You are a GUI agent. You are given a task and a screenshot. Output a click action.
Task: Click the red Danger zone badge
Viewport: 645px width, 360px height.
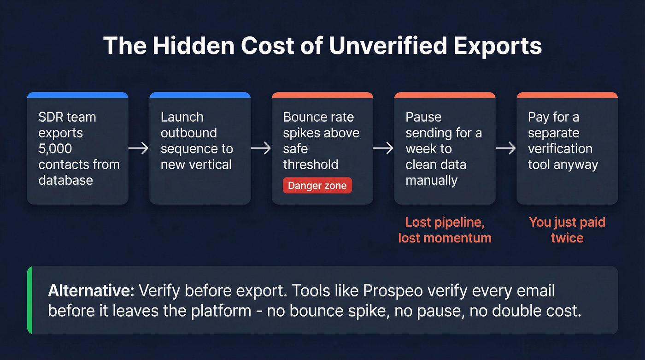point(317,186)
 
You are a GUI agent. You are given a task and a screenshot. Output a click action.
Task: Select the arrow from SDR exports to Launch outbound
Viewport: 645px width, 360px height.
point(139,148)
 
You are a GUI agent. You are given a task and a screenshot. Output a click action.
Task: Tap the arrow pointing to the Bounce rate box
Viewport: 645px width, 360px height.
point(261,148)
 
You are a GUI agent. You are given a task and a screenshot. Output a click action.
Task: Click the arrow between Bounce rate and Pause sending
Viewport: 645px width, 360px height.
point(383,148)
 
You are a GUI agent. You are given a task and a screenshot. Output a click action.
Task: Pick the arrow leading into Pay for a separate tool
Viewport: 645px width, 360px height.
point(506,148)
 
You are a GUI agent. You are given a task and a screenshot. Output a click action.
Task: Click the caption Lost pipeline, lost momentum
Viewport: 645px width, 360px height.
point(445,230)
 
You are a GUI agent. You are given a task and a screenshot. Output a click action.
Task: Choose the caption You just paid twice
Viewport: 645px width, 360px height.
point(567,230)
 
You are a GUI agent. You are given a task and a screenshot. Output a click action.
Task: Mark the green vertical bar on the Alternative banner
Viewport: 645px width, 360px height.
point(29,300)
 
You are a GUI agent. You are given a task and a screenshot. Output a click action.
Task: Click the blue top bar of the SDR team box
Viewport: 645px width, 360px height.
point(77,95)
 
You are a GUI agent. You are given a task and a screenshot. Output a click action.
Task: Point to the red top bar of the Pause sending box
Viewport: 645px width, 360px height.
point(445,95)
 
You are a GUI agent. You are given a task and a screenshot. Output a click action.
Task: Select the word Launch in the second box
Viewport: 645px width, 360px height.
point(182,117)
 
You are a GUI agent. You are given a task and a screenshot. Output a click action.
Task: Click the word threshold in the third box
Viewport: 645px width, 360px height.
point(311,164)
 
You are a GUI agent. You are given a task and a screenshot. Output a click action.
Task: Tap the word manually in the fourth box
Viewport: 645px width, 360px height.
point(431,180)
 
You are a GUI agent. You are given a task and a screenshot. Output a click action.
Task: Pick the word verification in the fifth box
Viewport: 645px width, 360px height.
point(560,148)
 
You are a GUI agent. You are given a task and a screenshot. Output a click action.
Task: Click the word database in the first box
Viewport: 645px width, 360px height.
point(65,180)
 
